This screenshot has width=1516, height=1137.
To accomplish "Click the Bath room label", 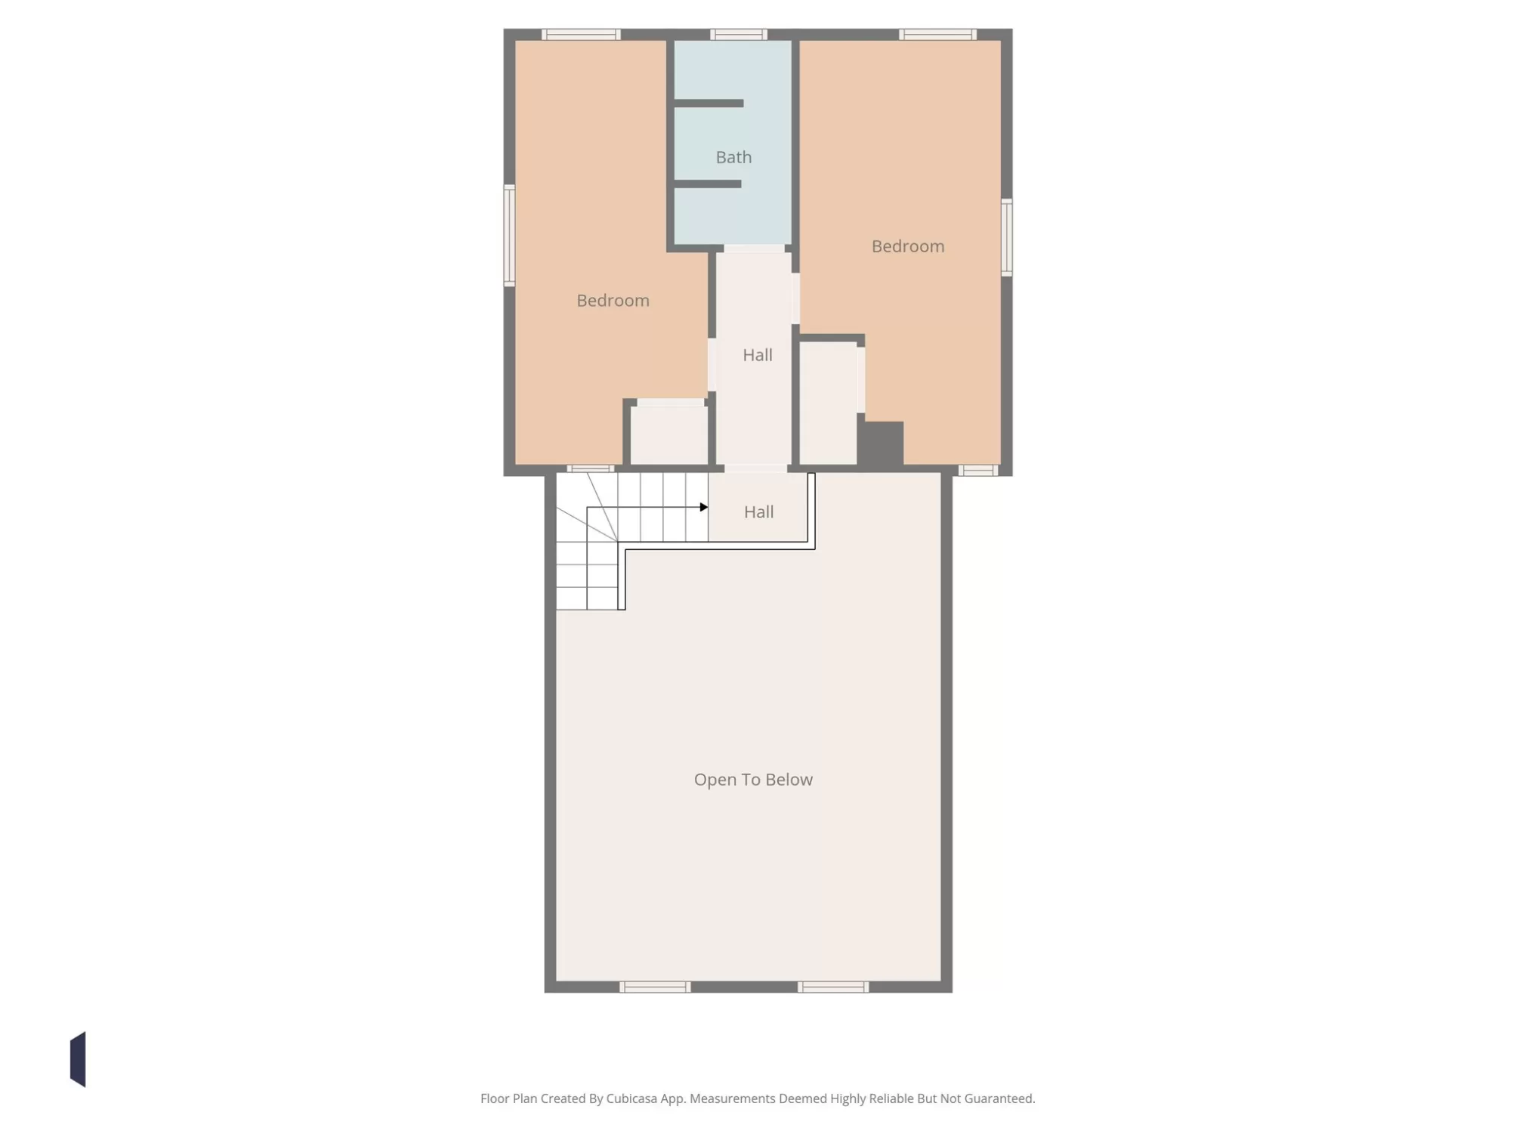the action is pyautogui.click(x=733, y=157).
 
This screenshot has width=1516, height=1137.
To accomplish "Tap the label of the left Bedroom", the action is pyautogui.click(x=613, y=301).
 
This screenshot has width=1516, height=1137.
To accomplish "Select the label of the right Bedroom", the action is pyautogui.click(x=908, y=246).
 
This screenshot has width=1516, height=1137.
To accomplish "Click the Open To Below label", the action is pyautogui.click(x=753, y=780).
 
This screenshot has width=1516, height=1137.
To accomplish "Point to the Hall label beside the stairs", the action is pyautogui.click(x=758, y=512).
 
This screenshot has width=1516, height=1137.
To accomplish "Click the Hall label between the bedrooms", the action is pyautogui.click(x=757, y=355).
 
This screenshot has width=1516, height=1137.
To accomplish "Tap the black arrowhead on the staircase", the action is pyautogui.click(x=704, y=507).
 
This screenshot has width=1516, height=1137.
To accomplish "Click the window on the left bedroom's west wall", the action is pyautogui.click(x=510, y=236).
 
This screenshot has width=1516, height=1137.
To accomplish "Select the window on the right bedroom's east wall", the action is pyautogui.click(x=1006, y=237).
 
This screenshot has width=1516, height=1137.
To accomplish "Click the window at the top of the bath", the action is pyautogui.click(x=739, y=35).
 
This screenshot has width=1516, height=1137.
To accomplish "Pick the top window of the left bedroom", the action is pyautogui.click(x=581, y=35).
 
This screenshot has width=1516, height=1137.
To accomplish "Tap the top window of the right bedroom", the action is pyautogui.click(x=937, y=35).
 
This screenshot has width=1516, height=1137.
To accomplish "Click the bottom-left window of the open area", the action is pyautogui.click(x=655, y=987).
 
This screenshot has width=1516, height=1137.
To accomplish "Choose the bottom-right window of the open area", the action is pyautogui.click(x=833, y=987).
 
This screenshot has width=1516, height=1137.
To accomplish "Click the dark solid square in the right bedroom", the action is pyautogui.click(x=881, y=443).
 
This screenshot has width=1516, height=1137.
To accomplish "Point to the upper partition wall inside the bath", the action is pyautogui.click(x=709, y=104).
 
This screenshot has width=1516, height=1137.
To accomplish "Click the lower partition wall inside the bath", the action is pyautogui.click(x=707, y=184).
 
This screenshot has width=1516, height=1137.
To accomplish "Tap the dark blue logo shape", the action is pyautogui.click(x=79, y=1059).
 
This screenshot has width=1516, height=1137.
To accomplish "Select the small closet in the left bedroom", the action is pyautogui.click(x=669, y=435).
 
